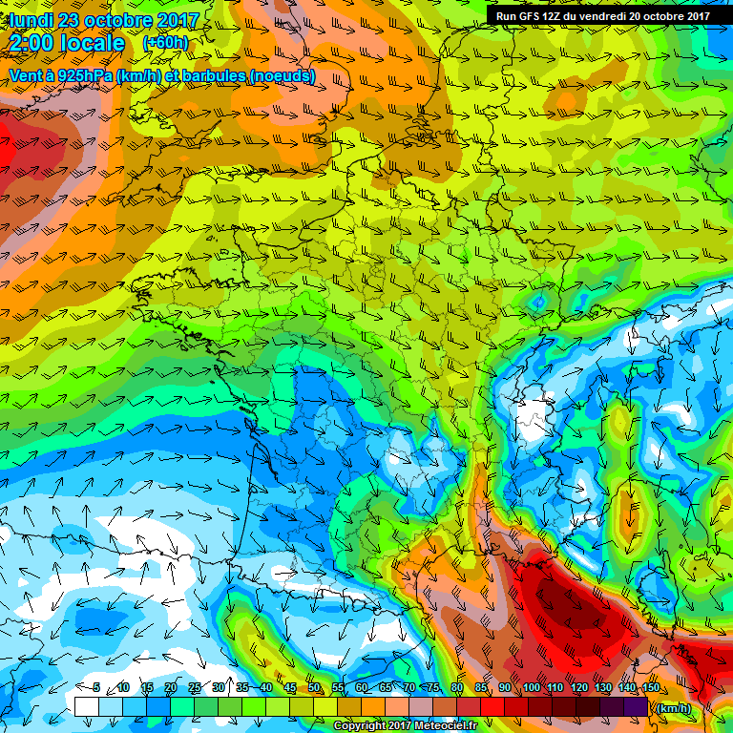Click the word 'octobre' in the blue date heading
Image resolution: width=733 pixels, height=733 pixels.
point(115,20)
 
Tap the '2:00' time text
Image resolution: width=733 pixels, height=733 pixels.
point(35,43)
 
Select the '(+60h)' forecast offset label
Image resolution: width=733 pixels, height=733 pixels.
point(166,43)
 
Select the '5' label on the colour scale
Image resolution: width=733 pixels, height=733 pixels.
point(96,688)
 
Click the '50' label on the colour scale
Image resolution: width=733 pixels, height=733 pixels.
point(313,688)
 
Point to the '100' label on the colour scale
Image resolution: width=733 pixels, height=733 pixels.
point(531,688)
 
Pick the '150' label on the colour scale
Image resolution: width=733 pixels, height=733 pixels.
point(650,688)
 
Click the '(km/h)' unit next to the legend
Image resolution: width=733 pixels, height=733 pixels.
point(672,707)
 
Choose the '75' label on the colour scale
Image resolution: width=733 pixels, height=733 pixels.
point(434,688)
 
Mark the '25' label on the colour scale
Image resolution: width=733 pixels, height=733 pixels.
point(194,688)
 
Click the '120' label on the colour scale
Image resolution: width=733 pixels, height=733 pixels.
point(579,688)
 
